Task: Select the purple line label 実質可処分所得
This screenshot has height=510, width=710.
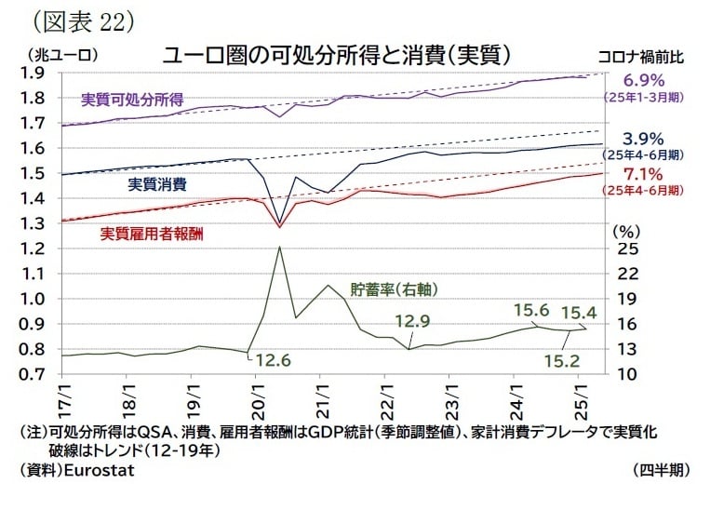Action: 131,99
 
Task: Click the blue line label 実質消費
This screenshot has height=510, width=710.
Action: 155,183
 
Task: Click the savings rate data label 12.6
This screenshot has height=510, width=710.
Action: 274,359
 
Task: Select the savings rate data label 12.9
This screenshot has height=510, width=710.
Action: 411,322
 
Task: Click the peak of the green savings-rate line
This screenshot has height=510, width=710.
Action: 280,247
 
